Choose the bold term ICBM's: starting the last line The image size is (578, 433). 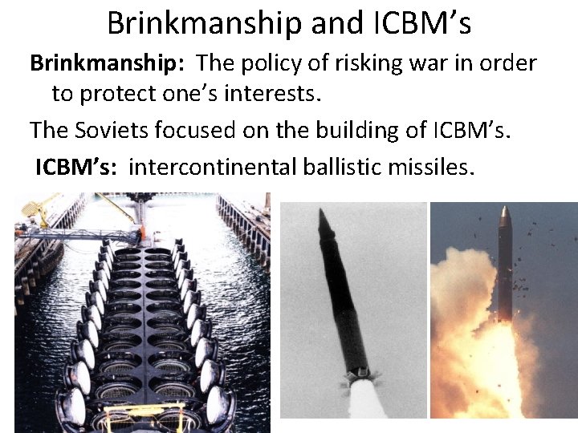[78, 167]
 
